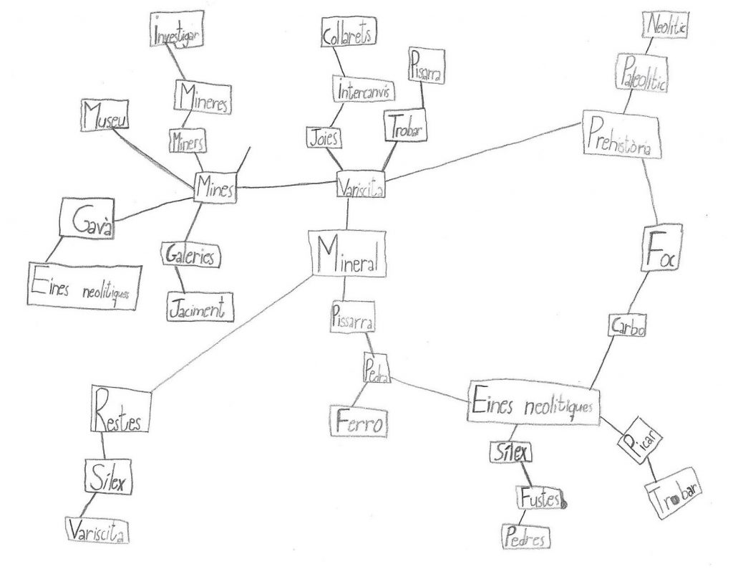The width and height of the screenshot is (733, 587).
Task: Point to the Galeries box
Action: [x=192, y=256]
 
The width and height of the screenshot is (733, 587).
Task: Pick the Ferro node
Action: [x=359, y=420]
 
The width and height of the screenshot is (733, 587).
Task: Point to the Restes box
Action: [x=121, y=409]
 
